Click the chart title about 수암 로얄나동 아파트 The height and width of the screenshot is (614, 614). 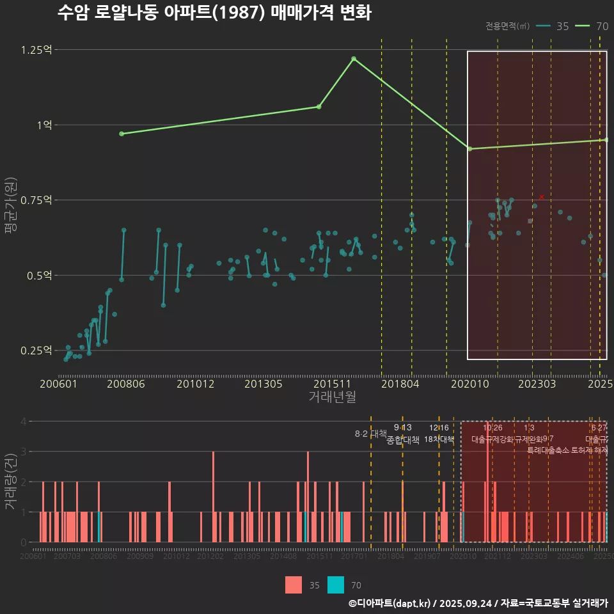pyautogui.click(x=214, y=13)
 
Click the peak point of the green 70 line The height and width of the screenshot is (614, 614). pyautogui.click(x=354, y=59)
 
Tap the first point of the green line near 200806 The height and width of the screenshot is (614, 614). pyautogui.click(x=122, y=134)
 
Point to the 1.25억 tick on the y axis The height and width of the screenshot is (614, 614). pyautogui.click(x=36, y=50)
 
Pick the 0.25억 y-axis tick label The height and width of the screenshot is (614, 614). pyautogui.click(x=36, y=351)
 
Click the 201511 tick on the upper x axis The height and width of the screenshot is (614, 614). pyautogui.click(x=332, y=384)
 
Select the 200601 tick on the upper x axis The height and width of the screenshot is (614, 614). pyautogui.click(x=58, y=384)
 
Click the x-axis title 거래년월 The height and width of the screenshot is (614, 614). pyautogui.click(x=332, y=397)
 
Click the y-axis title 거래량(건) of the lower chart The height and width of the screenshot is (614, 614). pyautogui.click(x=10, y=482)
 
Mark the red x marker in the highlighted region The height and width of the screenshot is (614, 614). pyautogui.click(x=542, y=197)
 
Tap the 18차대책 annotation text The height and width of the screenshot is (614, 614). pyautogui.click(x=439, y=439)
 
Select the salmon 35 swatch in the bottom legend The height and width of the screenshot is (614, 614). pyautogui.click(x=294, y=585)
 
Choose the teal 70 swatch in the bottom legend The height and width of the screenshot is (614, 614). pyautogui.click(x=336, y=585)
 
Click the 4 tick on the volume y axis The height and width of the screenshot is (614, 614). pyautogui.click(x=23, y=421)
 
